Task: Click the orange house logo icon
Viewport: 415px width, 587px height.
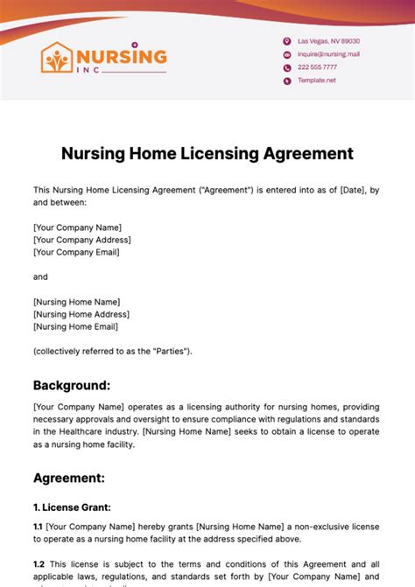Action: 59,59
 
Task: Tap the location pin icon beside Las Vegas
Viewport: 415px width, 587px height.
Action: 286,41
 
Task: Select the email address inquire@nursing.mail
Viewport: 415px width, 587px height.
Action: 328,54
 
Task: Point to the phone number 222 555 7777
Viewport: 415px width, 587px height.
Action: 317,67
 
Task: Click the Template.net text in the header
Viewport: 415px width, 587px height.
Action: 316,80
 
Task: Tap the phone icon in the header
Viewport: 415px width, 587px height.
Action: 286,67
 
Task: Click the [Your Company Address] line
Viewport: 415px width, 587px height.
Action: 81,240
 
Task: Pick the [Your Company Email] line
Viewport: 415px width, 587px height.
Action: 76,252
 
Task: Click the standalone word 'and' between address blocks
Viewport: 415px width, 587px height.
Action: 40,276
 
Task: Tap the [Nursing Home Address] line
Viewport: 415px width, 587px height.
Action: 81,314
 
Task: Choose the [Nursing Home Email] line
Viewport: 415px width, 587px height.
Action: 75,326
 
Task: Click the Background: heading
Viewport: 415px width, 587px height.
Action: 72,385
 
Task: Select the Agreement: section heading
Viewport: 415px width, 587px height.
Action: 69,478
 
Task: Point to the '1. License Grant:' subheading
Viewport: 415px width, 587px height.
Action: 72,507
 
